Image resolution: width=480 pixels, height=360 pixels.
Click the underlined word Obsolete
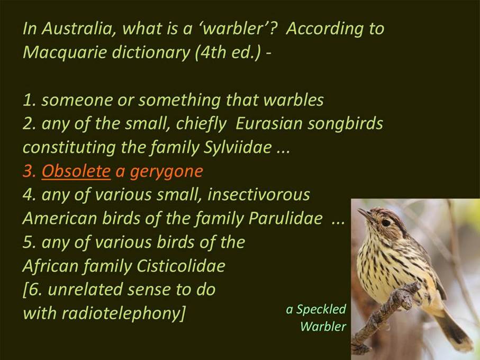[x=76, y=170]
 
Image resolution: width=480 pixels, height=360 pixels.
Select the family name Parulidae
[x=286, y=218]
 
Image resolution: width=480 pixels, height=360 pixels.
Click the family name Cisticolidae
[x=181, y=265]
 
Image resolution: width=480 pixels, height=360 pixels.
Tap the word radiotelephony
[x=121, y=314]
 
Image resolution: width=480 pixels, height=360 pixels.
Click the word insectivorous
[x=259, y=194]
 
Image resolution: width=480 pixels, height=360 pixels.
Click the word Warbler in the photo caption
[x=323, y=326]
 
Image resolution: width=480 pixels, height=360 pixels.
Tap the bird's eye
[x=386, y=222]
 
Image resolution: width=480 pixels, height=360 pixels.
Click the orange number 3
[x=29, y=171]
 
